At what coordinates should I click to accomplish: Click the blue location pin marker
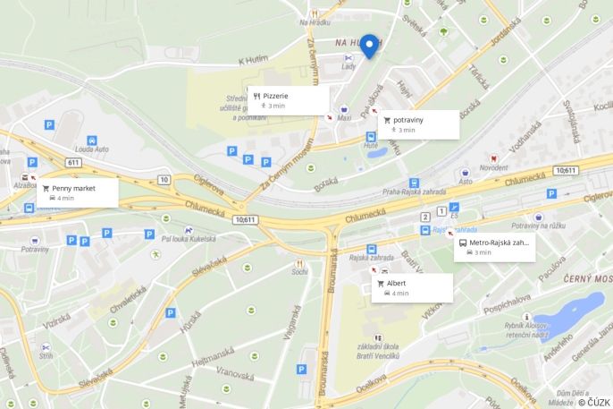point(368,45)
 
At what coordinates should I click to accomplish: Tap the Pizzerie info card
point(289,99)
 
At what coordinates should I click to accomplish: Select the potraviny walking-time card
point(417,124)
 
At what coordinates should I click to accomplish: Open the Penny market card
point(78,193)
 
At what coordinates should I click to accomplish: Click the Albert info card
point(412,287)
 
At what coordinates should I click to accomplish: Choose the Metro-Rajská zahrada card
point(494,247)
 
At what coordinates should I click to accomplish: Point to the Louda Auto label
point(91,149)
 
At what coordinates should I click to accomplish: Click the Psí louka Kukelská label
point(190,239)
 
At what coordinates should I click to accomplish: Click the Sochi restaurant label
point(299,270)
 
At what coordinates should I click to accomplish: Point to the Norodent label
point(493,167)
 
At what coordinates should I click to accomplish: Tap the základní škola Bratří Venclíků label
point(378,353)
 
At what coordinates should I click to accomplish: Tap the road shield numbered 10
point(164,179)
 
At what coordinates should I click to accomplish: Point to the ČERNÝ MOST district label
point(586,279)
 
